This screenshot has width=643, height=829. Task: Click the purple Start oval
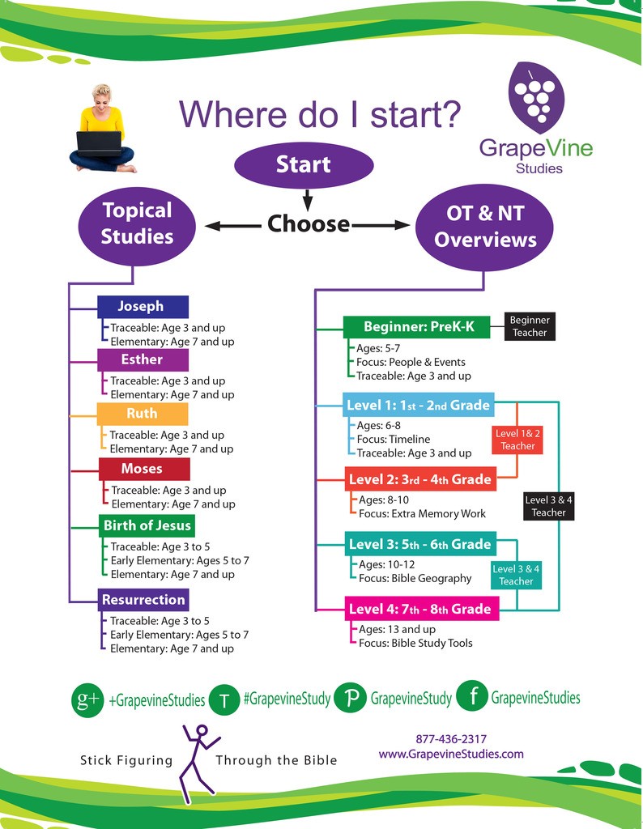tap(304, 164)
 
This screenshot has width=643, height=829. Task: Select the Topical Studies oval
tap(138, 223)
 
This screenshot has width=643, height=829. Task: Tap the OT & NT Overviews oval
tap(485, 227)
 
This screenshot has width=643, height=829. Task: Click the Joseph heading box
tap(142, 307)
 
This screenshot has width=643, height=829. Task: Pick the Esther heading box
tap(142, 359)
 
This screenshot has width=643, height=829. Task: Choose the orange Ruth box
tap(142, 414)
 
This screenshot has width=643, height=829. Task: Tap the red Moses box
tap(143, 469)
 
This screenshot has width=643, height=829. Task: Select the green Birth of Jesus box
tap(147, 525)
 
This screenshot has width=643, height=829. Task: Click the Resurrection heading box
tap(143, 600)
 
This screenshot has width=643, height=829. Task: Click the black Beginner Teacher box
tap(530, 326)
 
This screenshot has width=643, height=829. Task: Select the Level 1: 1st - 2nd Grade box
tap(417, 405)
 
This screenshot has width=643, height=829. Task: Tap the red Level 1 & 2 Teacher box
tap(518, 440)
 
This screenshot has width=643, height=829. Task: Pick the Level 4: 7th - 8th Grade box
tap(419, 609)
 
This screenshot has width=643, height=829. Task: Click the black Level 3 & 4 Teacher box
tap(549, 506)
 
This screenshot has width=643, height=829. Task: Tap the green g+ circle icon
tap(87, 699)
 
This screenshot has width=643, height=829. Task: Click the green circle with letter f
tap(472, 697)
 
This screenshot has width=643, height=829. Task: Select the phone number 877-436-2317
tap(451, 739)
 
